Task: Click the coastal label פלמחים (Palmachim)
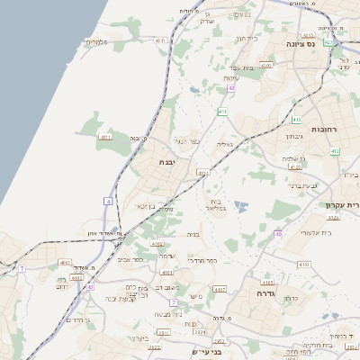[96, 41]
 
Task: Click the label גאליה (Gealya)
[225, 144]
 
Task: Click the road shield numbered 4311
[161, 40]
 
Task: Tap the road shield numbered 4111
[105, 137]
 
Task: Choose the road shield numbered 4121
[202, 172]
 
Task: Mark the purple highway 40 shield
[279, 233]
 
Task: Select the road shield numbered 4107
[220, 290]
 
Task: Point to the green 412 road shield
[334, 151]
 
